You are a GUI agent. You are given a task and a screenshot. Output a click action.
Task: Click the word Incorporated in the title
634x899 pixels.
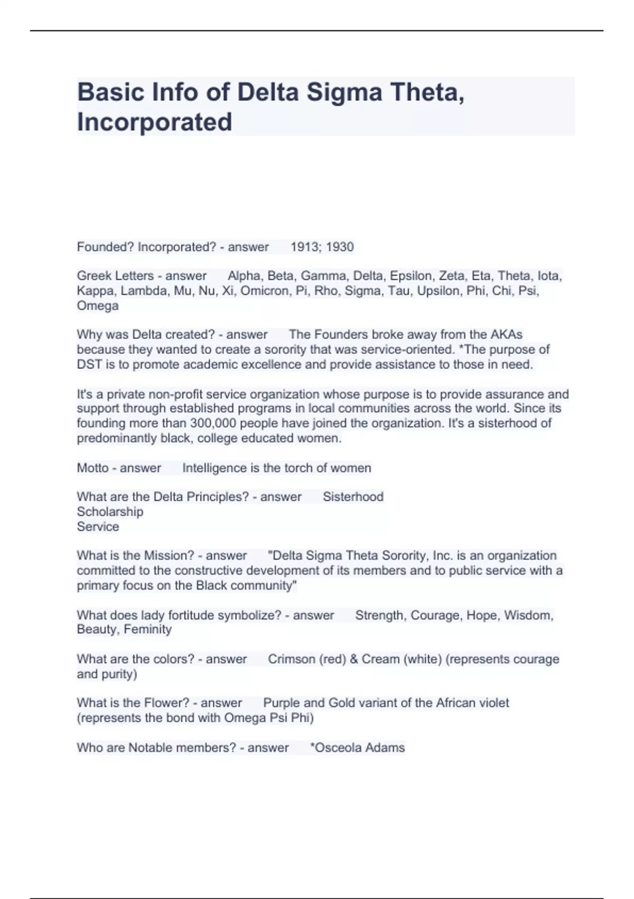154,122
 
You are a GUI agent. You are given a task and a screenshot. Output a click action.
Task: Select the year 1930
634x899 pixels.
340,247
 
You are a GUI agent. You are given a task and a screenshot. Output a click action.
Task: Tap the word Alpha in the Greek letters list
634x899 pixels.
244,276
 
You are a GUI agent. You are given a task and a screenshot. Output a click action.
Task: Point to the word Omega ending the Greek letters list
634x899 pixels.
98,306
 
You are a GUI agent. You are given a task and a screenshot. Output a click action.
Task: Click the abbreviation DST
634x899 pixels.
89,364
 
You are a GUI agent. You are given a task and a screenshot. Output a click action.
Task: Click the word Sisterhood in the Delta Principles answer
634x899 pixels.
353,497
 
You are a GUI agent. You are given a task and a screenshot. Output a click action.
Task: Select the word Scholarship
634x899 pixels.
110,512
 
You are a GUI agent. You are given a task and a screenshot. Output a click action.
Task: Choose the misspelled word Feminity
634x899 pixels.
147,629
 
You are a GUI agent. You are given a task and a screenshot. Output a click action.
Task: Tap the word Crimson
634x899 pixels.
291,659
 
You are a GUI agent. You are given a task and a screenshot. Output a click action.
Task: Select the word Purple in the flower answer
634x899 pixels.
282,703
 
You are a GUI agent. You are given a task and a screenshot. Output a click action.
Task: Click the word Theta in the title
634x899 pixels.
427,92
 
